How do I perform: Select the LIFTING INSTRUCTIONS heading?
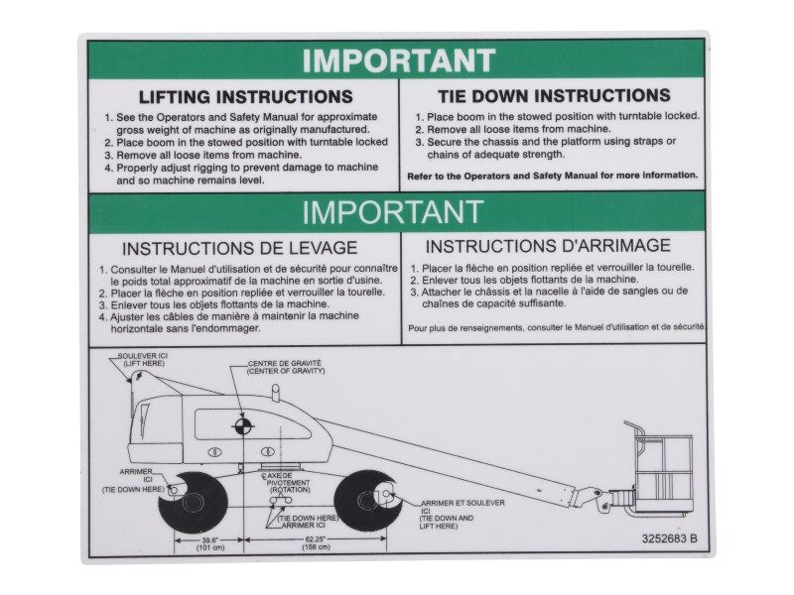click(x=245, y=97)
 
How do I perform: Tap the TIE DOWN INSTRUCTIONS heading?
click(x=554, y=96)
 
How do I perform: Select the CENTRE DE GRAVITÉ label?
click(x=284, y=368)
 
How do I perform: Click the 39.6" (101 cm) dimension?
click(x=209, y=543)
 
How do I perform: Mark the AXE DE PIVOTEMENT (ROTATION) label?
click(x=287, y=484)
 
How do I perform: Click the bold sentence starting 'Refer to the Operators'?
click(x=553, y=176)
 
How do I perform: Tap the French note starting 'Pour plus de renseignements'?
click(x=557, y=326)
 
